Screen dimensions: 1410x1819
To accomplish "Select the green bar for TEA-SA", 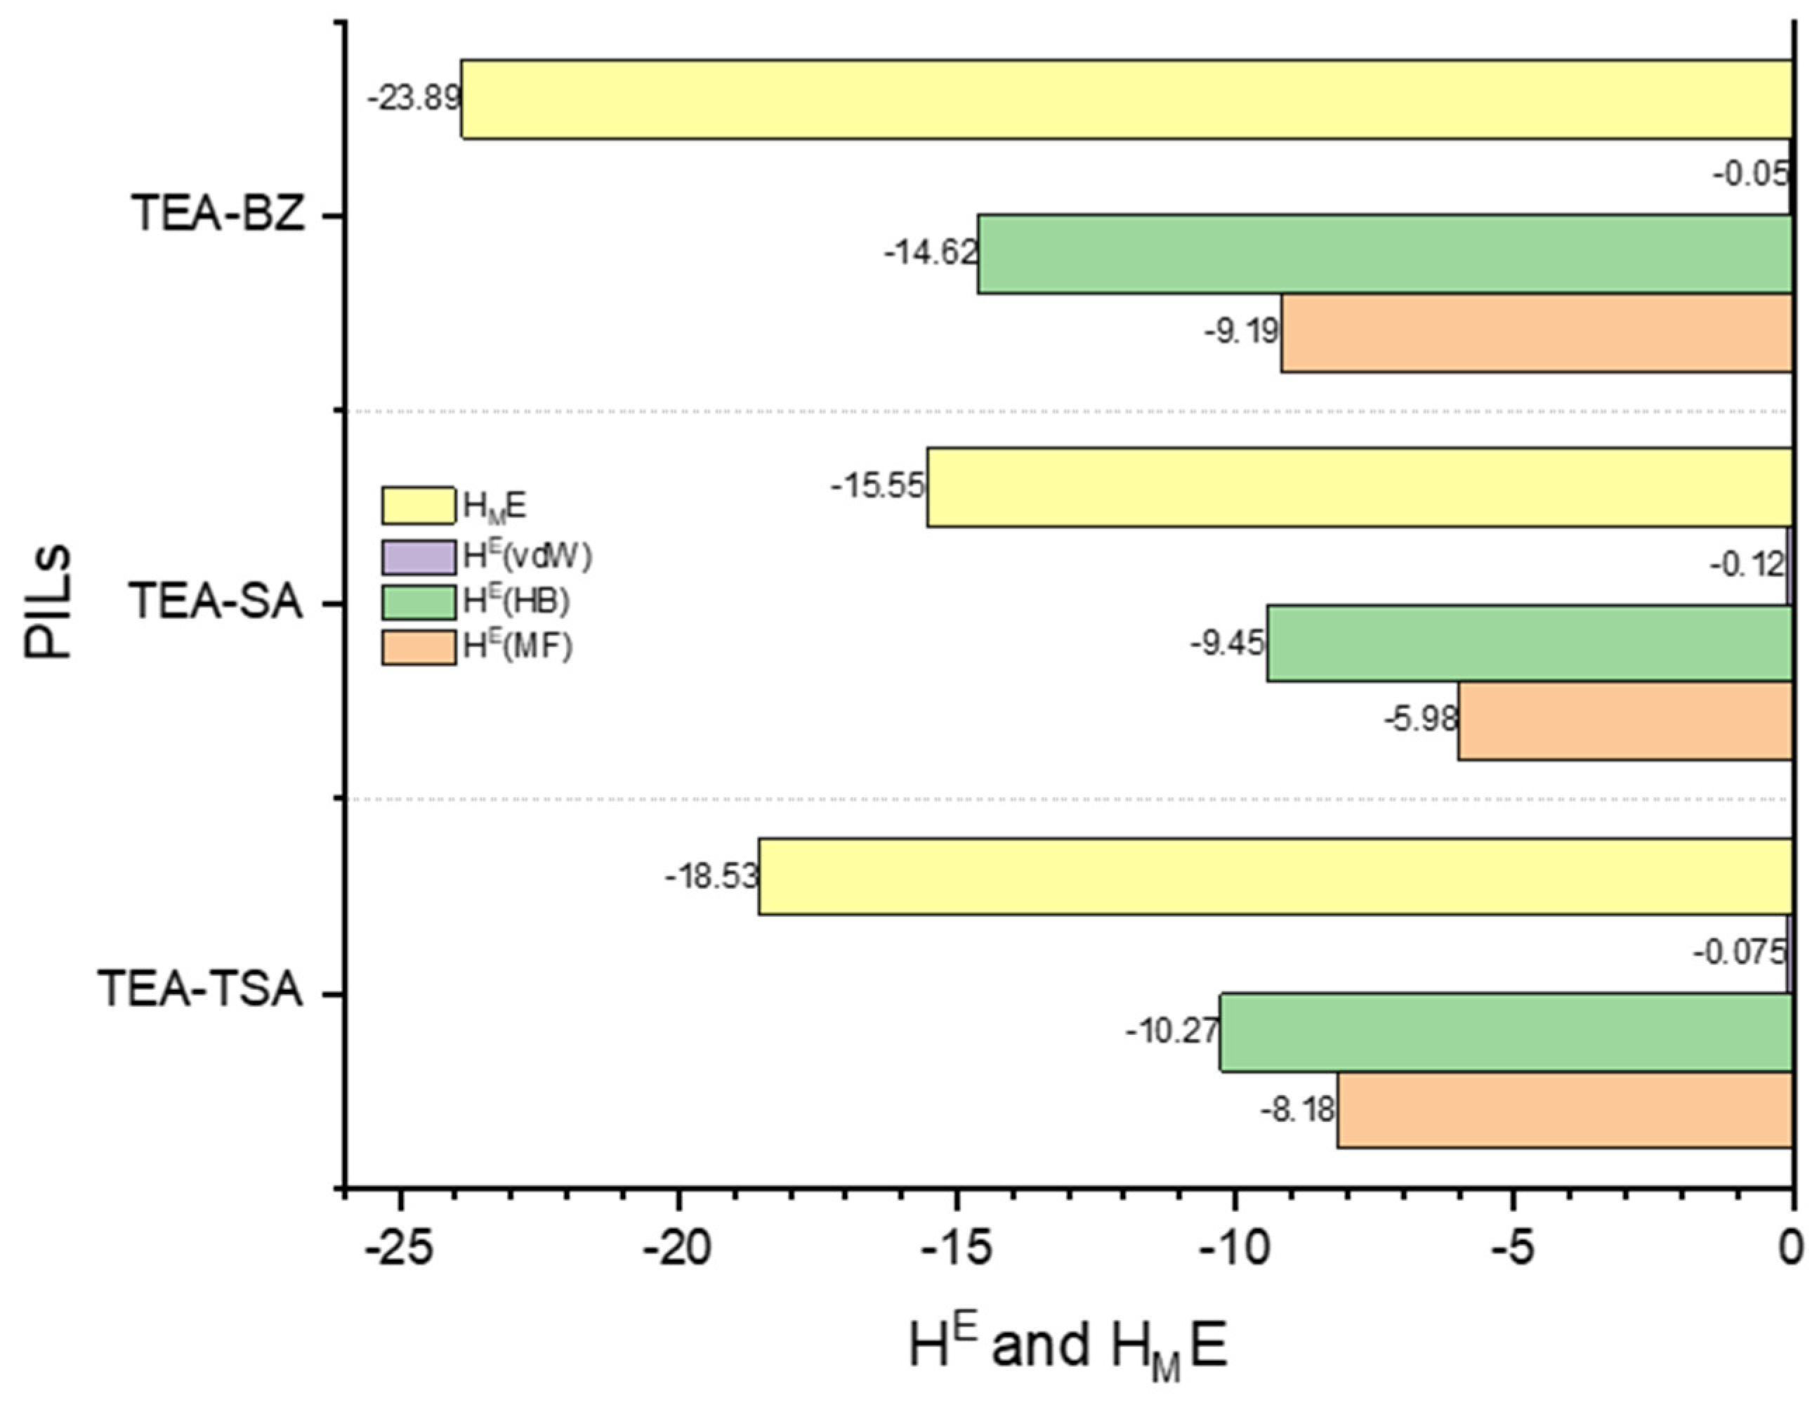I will point(1528,643).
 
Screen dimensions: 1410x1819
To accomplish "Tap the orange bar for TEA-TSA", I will point(1563,1110).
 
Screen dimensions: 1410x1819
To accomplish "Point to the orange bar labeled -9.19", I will point(1535,332).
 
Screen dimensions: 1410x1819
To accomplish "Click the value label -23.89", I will point(414,99).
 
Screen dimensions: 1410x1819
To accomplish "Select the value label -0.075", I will point(1739,953).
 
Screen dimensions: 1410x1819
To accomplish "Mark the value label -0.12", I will point(1747,565).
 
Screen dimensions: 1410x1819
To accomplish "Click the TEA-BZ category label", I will point(218,215).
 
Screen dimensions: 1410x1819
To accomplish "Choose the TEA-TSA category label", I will point(200,991).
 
